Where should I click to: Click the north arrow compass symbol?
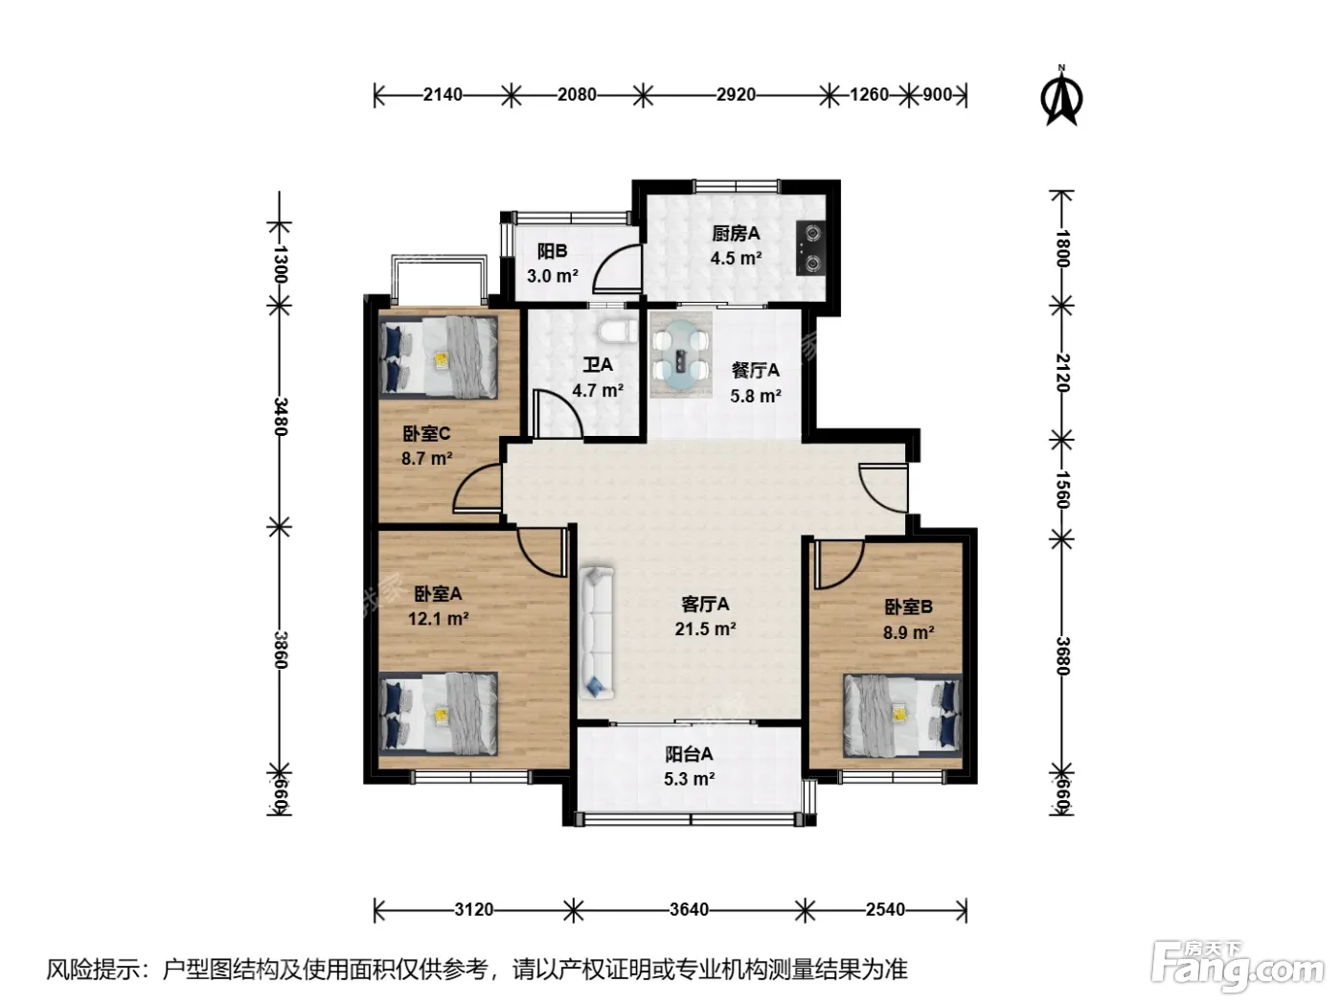pyautogui.click(x=1061, y=97)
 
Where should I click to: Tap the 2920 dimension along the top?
pyautogui.click(x=736, y=95)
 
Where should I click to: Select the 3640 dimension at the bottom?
pyautogui.click(x=689, y=909)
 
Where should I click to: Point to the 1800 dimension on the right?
pyautogui.click(x=1062, y=248)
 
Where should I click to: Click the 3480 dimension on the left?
pyautogui.click(x=280, y=417)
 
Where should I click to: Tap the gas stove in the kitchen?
pyautogui.click(x=811, y=248)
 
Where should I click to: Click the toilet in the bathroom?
pyautogui.click(x=618, y=333)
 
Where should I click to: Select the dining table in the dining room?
pyautogui.click(x=681, y=354)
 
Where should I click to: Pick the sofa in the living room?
pyautogui.click(x=597, y=632)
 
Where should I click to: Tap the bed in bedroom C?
pyautogui.click(x=438, y=357)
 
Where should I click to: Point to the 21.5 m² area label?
pyautogui.click(x=705, y=629)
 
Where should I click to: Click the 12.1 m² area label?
pyautogui.click(x=438, y=619)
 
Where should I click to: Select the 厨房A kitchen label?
pyautogui.click(x=736, y=234)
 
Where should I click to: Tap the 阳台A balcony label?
pyautogui.click(x=689, y=754)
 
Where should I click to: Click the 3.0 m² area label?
pyautogui.click(x=553, y=276)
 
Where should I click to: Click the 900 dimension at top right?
pyautogui.click(x=937, y=95)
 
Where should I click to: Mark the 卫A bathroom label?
pyautogui.click(x=598, y=365)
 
